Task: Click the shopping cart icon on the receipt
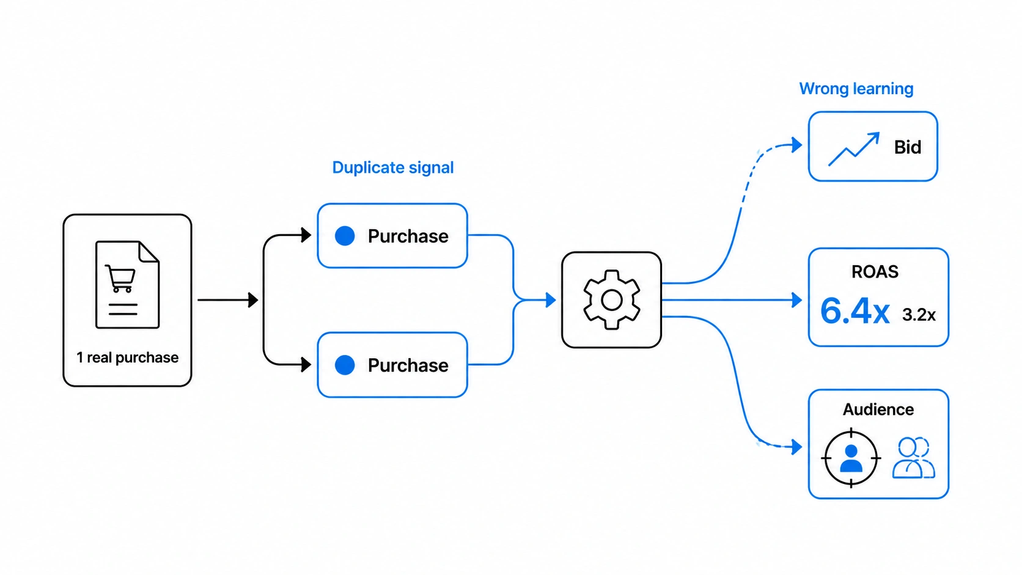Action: click(120, 278)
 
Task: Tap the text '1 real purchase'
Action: click(127, 357)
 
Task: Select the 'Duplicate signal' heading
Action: click(393, 168)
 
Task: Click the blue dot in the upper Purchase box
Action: click(345, 236)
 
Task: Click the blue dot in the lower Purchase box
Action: click(345, 365)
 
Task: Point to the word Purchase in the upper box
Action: click(408, 236)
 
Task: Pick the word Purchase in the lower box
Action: click(408, 365)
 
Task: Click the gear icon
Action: click(611, 299)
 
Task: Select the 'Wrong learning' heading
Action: click(856, 89)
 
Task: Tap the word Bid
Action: click(908, 147)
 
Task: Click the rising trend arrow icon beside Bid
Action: click(854, 149)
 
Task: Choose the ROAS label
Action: click(875, 272)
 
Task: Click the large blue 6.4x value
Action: click(855, 312)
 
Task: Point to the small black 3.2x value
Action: click(919, 315)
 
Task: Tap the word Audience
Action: click(878, 409)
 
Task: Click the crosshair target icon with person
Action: click(851, 458)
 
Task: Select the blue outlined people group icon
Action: click(913, 458)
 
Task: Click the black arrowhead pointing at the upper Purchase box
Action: click(306, 235)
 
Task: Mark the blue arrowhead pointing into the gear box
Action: click(551, 300)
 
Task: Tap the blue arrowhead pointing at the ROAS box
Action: click(797, 300)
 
